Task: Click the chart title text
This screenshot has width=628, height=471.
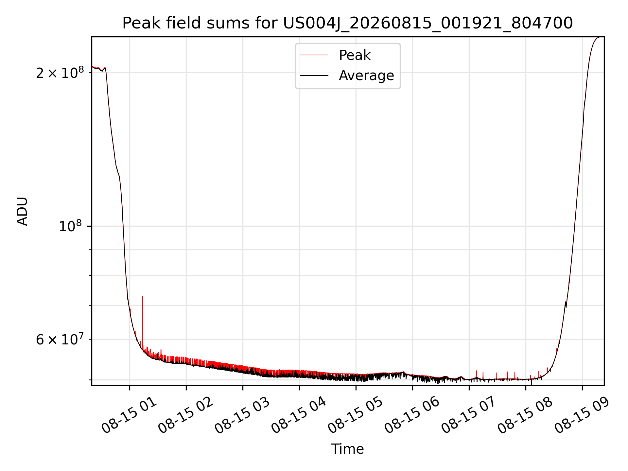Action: click(347, 23)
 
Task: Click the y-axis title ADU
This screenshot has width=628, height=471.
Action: click(22, 211)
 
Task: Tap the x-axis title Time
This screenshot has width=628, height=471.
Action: click(347, 449)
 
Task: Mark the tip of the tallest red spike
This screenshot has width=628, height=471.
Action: click(143, 297)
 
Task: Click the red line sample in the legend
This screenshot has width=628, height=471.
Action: click(314, 55)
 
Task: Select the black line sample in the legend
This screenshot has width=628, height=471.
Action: click(314, 76)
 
